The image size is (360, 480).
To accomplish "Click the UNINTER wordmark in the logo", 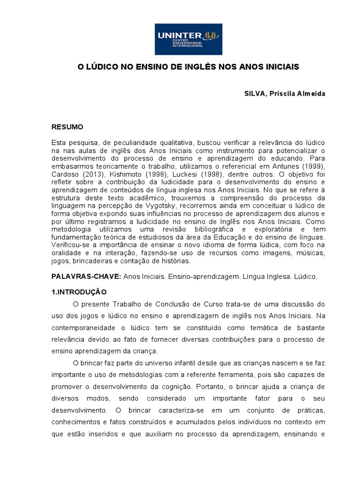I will [x=172, y=35].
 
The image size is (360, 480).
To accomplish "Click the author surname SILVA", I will [x=255, y=94].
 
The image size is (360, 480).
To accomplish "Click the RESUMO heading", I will [x=67, y=127].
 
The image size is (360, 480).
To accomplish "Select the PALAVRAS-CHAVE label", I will [x=86, y=277].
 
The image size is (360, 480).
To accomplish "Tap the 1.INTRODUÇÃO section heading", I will [x=79, y=291].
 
